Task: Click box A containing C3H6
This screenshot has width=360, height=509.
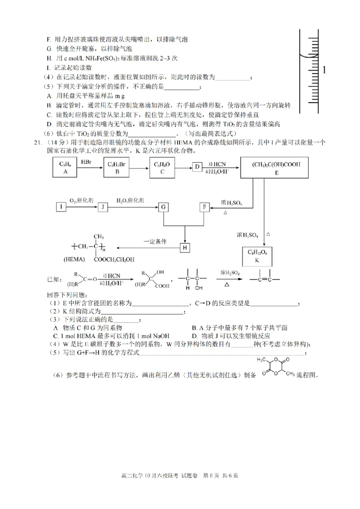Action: click(65, 168)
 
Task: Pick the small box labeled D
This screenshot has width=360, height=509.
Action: click(197, 168)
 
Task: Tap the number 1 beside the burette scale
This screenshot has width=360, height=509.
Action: click(324, 70)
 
